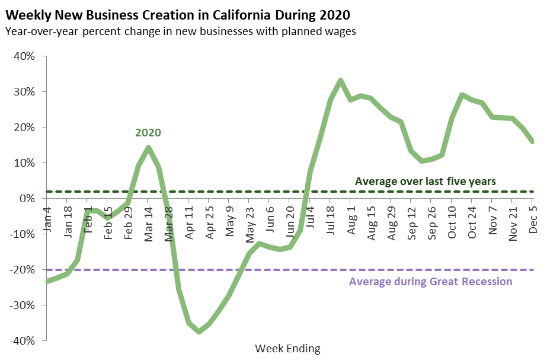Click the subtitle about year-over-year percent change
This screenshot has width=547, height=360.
(x=180, y=31)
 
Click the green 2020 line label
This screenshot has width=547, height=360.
(x=148, y=132)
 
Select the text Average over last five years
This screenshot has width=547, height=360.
(x=425, y=181)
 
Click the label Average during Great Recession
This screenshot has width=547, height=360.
(x=430, y=281)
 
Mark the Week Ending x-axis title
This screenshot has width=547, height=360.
(x=287, y=349)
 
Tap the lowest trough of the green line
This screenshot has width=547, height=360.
(x=199, y=332)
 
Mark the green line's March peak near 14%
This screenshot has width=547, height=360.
(x=148, y=148)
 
